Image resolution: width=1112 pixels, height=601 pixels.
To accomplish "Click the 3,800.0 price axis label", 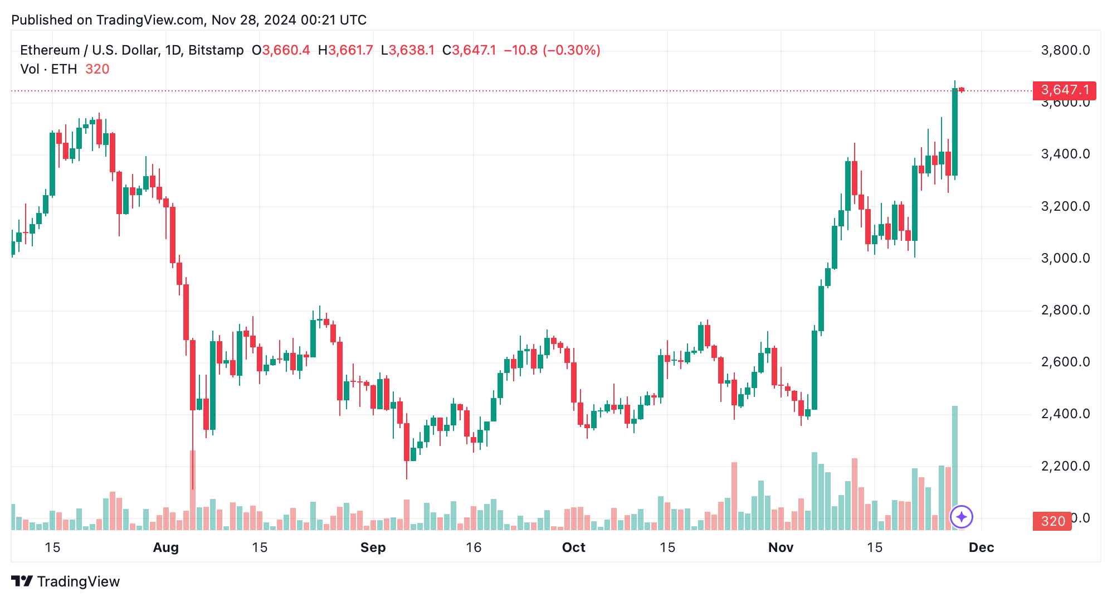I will pos(1065,50).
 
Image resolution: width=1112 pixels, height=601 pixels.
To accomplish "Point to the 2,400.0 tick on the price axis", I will pos(1065,414).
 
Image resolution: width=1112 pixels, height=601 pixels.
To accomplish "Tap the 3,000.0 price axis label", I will pos(1065,258).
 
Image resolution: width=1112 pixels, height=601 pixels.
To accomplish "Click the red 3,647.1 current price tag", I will pos(1064,90).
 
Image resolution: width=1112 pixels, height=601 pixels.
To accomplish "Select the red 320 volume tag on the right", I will pos(1052,521).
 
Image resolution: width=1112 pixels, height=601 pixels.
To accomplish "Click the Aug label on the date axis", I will pos(165,547).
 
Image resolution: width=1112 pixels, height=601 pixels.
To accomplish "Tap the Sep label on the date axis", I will pos(373,547).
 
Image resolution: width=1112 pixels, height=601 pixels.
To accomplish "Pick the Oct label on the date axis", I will pos(573,547).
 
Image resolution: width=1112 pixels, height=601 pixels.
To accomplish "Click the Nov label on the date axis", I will pos(781,547).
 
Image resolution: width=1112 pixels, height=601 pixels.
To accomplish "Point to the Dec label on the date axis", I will pos(981,547).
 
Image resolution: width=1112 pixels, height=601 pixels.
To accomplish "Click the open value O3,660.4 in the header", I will pos(281,50).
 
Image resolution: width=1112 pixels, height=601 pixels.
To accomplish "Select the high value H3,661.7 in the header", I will pos(345,50).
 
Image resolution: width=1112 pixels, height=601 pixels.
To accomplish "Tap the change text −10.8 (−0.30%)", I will pos(552,50).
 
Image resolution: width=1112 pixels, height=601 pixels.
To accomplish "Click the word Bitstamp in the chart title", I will pos(216,50).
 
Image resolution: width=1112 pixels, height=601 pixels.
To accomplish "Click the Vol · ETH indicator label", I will pos(48,69).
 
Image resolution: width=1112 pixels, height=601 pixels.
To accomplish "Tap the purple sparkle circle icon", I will pos(962,517).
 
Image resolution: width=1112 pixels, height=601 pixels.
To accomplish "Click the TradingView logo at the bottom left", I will pos(65,581).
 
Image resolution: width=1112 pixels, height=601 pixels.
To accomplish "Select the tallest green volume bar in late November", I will pos(955,468).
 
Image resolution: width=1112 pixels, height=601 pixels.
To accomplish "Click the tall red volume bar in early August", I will pos(193,491).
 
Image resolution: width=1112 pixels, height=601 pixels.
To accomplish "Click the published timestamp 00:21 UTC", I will pos(333,20).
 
